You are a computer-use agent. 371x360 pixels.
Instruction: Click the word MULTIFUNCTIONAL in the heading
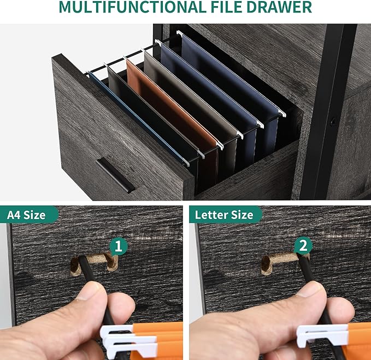[132, 7]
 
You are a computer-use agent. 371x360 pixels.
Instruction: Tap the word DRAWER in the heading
[279, 7]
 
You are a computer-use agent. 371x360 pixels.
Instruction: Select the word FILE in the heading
[226, 7]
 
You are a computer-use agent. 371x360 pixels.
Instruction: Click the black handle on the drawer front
[115, 175]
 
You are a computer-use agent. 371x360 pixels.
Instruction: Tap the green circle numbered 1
[119, 246]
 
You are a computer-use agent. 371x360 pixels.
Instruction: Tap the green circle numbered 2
[303, 246]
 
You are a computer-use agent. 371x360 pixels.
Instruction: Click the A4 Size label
[26, 215]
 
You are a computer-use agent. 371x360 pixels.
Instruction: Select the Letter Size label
[224, 215]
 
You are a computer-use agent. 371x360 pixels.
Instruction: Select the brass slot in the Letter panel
[284, 262]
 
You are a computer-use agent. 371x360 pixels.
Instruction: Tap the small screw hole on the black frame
[334, 122]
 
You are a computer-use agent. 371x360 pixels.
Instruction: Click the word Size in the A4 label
[34, 215]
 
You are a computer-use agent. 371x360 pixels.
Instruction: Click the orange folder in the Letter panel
[358, 340]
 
